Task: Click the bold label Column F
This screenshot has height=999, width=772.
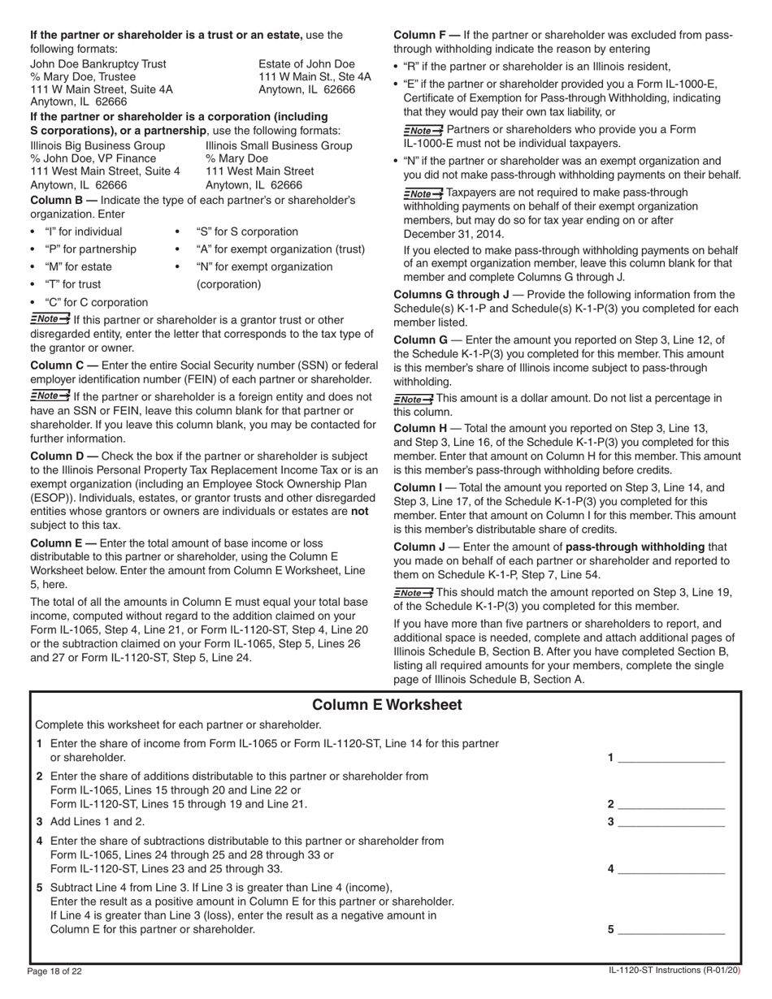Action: pos(426,35)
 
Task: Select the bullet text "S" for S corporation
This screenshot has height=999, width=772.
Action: pos(247,231)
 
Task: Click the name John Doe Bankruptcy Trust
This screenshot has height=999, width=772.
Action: pos(98,63)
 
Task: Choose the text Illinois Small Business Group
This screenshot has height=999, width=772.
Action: pos(279,145)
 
